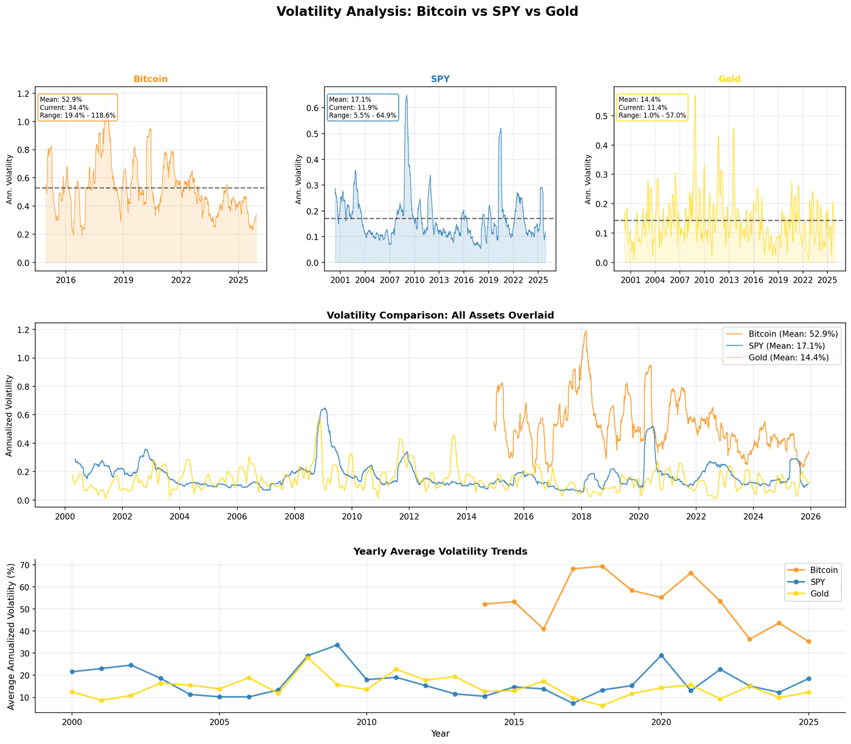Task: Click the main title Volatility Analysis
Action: (427, 11)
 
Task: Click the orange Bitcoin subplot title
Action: (150, 79)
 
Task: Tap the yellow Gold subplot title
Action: (729, 79)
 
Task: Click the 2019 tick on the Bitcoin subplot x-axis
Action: (123, 280)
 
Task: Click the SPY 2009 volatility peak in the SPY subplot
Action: (407, 96)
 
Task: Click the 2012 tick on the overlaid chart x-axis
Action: (408, 517)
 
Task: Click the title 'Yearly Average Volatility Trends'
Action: (440, 551)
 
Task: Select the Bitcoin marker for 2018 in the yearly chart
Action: (602, 567)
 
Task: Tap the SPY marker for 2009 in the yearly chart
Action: (337, 645)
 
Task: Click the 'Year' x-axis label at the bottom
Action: (440, 734)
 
